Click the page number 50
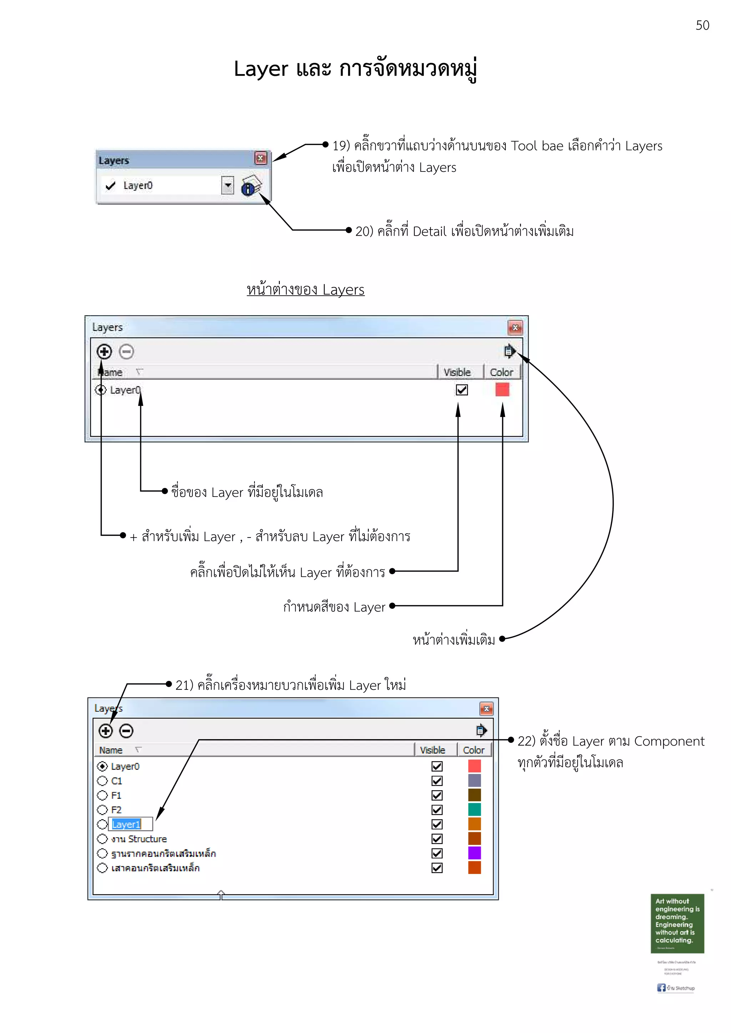point(702,25)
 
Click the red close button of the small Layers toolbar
point(260,158)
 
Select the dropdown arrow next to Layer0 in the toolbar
point(228,185)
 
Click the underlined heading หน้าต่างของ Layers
point(306,289)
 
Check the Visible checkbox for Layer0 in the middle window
point(462,390)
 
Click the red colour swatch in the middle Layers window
point(502,390)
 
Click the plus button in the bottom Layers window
point(105,731)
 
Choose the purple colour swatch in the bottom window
point(474,853)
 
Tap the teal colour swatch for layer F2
point(474,810)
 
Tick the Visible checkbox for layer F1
point(437,795)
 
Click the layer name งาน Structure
point(139,839)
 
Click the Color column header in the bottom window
point(474,750)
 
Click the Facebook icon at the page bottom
point(661,988)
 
